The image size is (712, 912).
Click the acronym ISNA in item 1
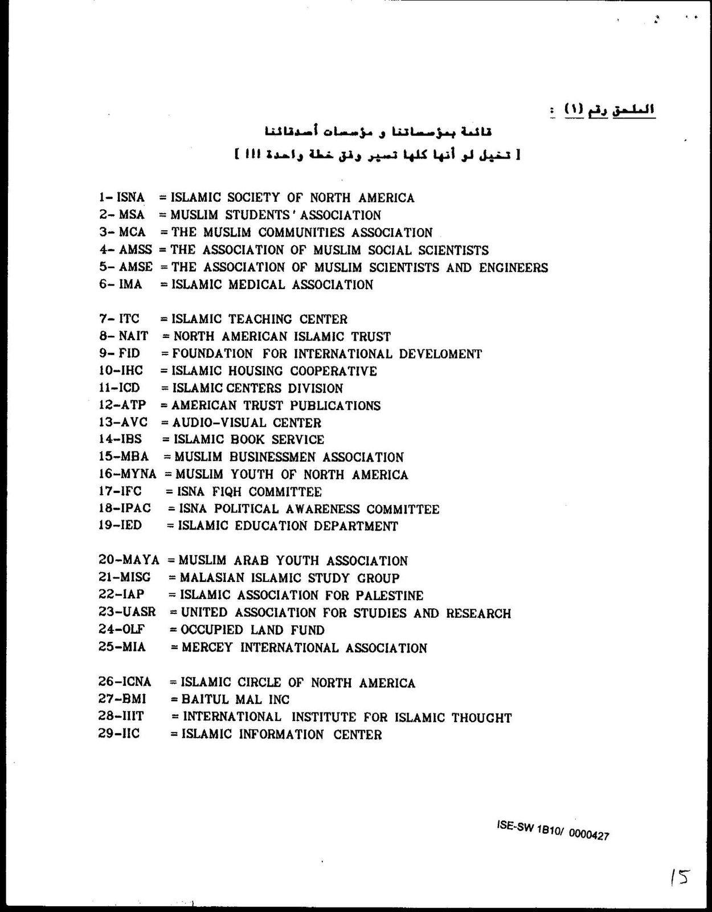(x=130, y=198)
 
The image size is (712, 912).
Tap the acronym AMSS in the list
(x=136, y=250)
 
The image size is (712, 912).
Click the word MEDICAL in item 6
(x=256, y=284)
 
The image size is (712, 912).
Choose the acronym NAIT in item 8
(x=133, y=336)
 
